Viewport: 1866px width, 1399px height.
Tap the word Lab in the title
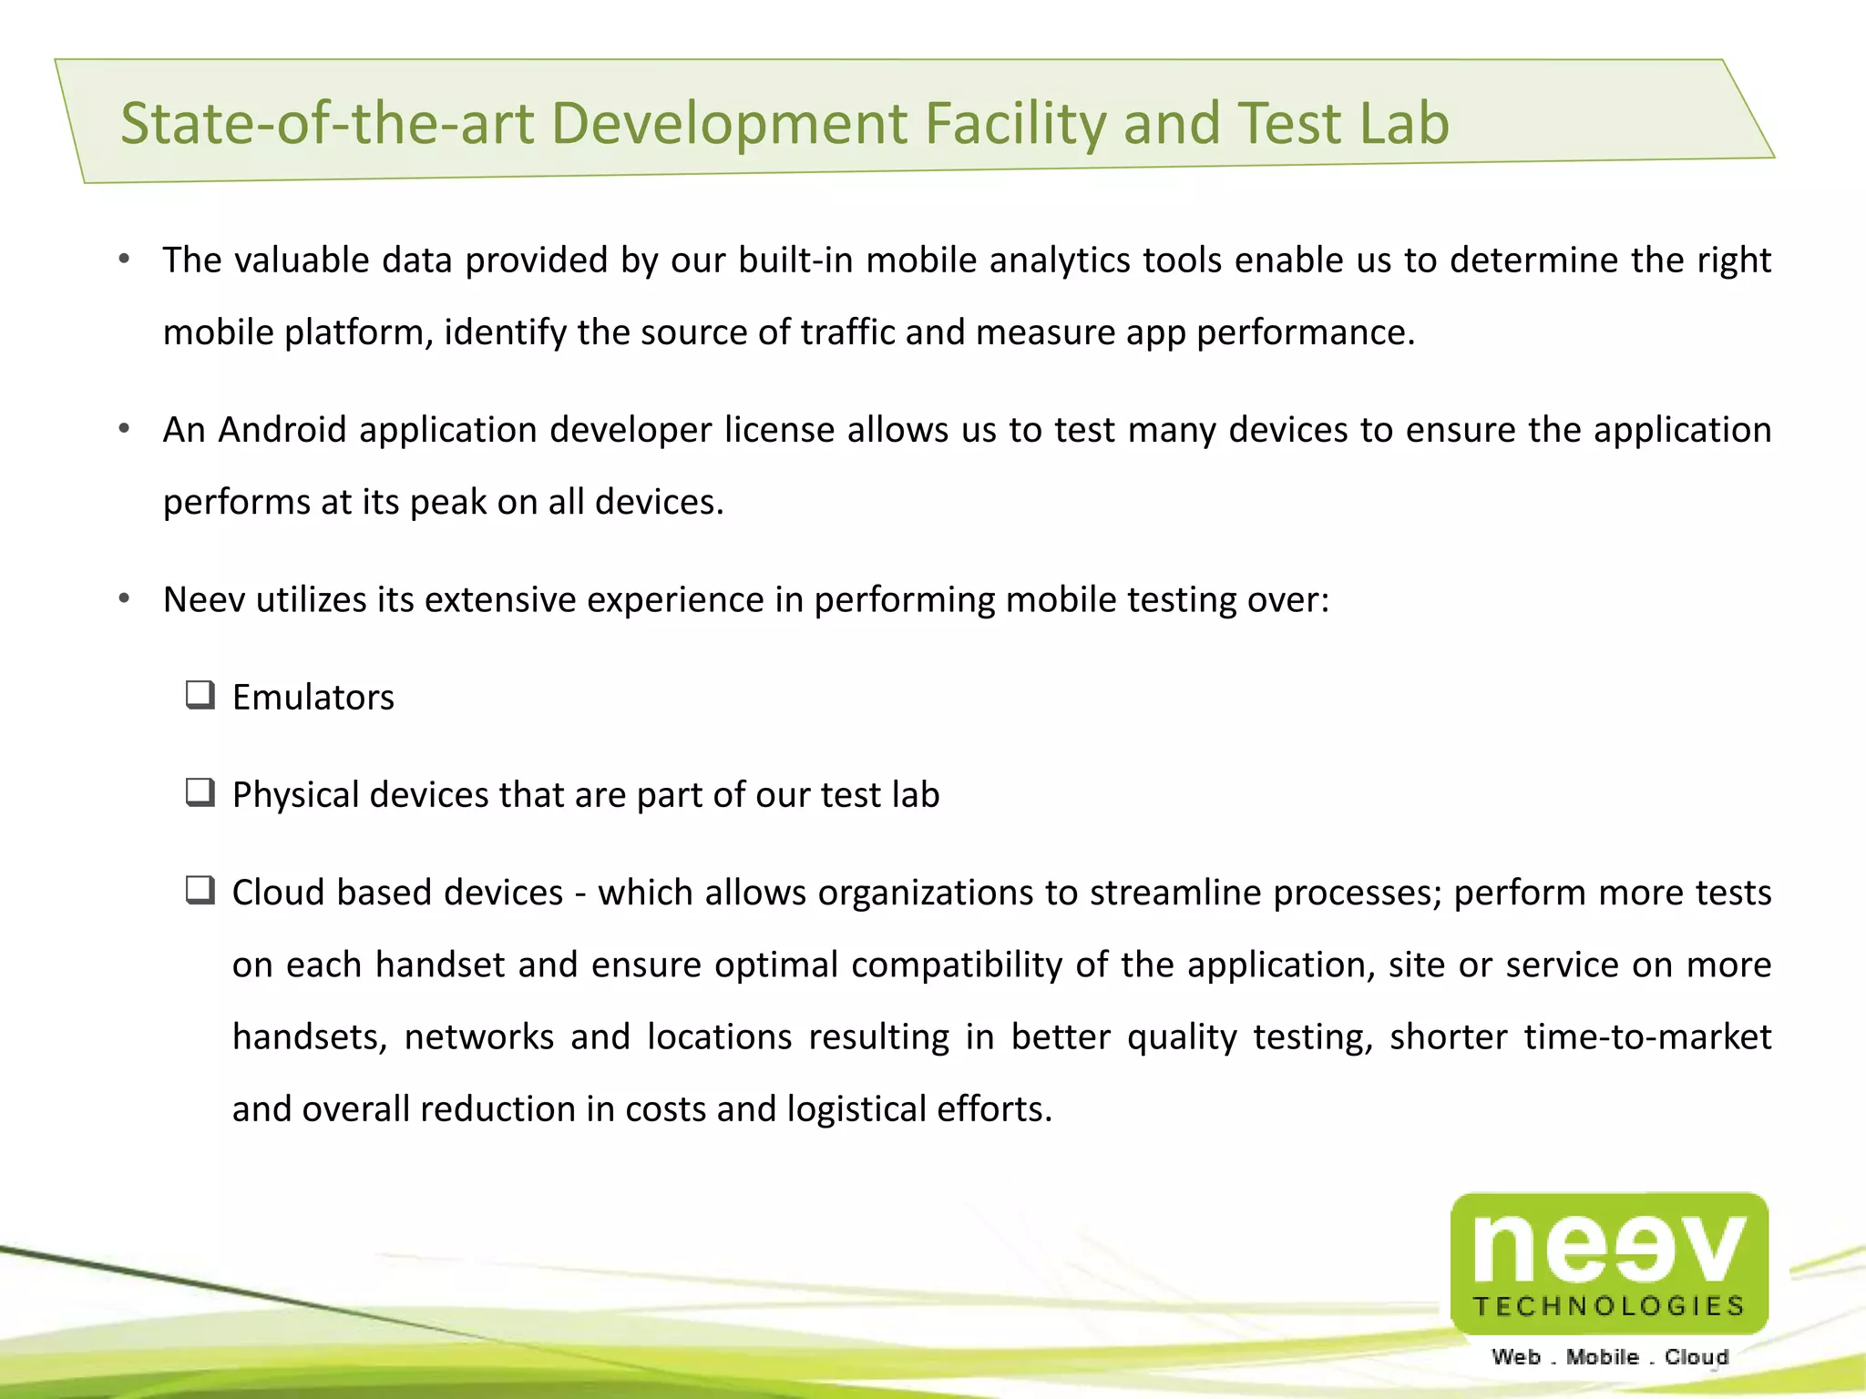(1404, 123)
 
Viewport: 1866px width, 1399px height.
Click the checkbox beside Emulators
(200, 696)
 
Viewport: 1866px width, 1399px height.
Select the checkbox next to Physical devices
(200, 793)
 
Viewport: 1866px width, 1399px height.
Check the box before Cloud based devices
(200, 891)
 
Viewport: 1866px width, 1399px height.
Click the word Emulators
(313, 698)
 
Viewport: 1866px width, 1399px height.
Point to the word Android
(282, 430)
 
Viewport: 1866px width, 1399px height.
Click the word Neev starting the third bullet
(204, 600)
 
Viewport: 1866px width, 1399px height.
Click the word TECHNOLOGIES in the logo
(1609, 1307)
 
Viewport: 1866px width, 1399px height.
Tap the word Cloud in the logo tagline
(1697, 1357)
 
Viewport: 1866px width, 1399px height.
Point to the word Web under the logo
(1516, 1357)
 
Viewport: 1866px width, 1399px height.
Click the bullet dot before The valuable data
(125, 260)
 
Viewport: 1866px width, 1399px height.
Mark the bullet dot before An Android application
(125, 429)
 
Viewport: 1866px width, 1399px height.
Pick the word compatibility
(957, 965)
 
